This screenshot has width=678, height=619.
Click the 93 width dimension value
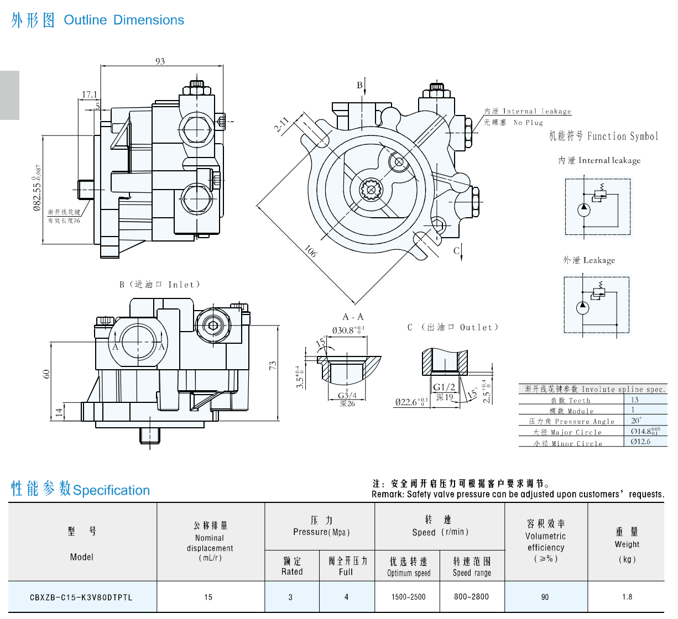(x=160, y=61)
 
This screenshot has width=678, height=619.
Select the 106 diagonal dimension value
(x=310, y=251)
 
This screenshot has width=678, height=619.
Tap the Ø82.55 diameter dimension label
(x=37, y=188)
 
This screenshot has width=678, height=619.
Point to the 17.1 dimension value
(x=90, y=95)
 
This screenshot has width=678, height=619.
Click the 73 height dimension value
(x=273, y=366)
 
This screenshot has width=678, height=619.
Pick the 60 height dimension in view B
(x=46, y=374)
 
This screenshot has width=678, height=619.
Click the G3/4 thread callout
(x=347, y=396)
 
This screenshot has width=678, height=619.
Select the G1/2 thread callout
(x=444, y=387)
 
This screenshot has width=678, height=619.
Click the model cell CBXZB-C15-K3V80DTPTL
(x=81, y=597)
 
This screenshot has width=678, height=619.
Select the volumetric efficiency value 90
(x=545, y=597)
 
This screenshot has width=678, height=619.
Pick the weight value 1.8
(x=627, y=597)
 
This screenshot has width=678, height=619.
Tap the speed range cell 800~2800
(x=472, y=597)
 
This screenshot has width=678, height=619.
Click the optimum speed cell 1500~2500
(x=409, y=597)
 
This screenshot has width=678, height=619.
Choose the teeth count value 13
(x=634, y=400)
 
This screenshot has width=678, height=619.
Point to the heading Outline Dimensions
(x=124, y=20)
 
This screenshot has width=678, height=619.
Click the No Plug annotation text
(x=528, y=123)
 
